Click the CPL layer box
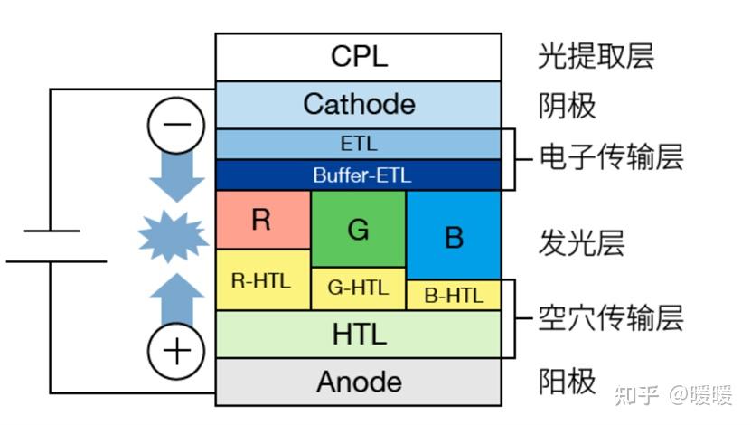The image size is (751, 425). click(358, 57)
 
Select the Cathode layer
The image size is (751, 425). click(358, 104)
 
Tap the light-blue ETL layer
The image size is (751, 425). click(358, 145)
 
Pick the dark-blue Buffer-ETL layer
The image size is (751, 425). click(358, 175)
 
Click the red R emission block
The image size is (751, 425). click(262, 220)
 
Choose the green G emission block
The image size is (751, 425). click(358, 230)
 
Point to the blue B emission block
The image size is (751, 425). click(454, 236)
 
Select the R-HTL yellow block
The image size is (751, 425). click(262, 280)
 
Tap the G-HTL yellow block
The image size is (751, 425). click(358, 289)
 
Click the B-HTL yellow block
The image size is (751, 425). click(454, 295)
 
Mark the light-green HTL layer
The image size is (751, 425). click(358, 334)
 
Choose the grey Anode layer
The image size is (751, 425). click(358, 382)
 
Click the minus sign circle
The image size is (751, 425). click(176, 125)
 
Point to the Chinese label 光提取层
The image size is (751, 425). click(595, 56)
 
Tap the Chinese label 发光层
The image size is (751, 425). click(582, 243)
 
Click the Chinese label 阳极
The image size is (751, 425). click(567, 381)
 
